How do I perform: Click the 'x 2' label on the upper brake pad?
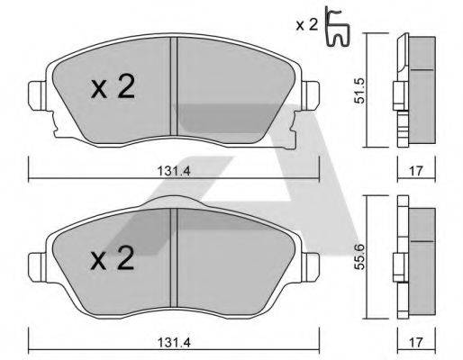point(113,88)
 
